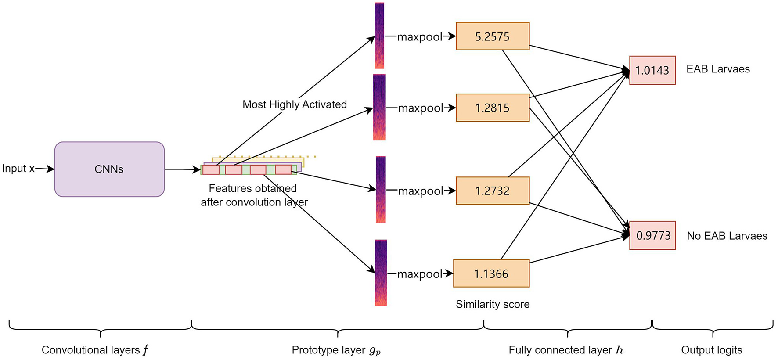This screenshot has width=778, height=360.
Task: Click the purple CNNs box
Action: pyautogui.click(x=109, y=169)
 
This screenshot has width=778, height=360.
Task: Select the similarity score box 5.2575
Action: pyautogui.click(x=492, y=36)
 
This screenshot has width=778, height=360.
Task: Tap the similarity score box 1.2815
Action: pyautogui.click(x=492, y=108)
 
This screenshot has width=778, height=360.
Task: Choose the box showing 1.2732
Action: pyautogui.click(x=492, y=191)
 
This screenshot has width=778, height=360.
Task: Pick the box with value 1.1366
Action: pyautogui.click(x=491, y=274)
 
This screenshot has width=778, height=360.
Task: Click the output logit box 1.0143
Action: pyautogui.click(x=652, y=70)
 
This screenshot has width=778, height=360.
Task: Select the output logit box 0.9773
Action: pyautogui.click(x=652, y=235)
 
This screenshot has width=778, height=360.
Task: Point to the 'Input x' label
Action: pyautogui.click(x=18, y=169)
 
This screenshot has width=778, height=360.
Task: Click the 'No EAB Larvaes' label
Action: pyautogui.click(x=727, y=236)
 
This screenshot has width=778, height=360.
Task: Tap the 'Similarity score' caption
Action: pyautogui.click(x=492, y=304)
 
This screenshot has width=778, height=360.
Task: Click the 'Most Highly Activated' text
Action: pyautogui.click(x=294, y=104)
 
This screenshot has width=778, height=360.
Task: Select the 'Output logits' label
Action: pyautogui.click(x=711, y=350)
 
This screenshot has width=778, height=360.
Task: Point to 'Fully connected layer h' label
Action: pyautogui.click(x=565, y=350)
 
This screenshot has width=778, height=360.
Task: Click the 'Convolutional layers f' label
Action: pyautogui.click(x=95, y=350)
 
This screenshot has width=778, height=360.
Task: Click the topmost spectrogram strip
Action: pyautogui.click(x=379, y=35)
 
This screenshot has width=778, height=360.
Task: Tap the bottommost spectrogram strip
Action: pyautogui.click(x=381, y=272)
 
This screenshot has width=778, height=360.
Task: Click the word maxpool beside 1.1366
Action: pyautogui.click(x=420, y=274)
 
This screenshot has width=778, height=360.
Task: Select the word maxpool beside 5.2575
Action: pyautogui.click(x=420, y=37)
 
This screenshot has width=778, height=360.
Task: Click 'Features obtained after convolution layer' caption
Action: pyautogui.click(x=254, y=195)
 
